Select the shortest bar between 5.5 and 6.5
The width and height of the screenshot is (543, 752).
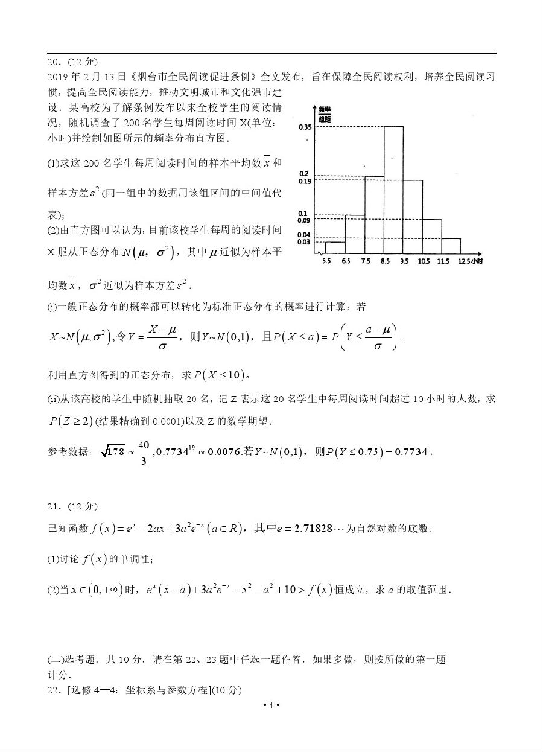coord(335,248)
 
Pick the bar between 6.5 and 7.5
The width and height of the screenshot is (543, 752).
coord(355,235)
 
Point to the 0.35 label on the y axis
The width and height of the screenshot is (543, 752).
coord(304,127)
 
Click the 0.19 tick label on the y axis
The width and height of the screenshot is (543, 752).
coord(304,181)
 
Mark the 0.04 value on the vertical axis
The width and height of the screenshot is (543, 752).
coord(304,234)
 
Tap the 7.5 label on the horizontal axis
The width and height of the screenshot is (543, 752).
coord(366,261)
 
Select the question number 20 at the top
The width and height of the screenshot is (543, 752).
coord(54,62)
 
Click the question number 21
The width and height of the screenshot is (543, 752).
coord(54,506)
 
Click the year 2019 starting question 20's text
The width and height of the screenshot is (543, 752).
coord(58,77)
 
